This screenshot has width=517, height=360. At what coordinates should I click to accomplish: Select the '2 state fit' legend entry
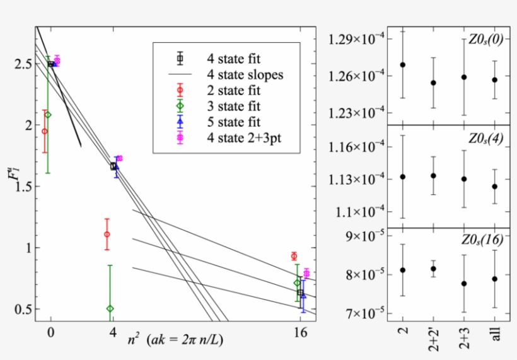233,90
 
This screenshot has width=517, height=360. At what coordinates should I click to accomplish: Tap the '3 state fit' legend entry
233,105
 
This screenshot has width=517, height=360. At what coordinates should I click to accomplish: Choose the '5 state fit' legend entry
233,120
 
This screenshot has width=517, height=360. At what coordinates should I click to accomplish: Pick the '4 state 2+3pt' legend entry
243,136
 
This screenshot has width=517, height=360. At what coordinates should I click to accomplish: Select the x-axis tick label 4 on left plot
112,331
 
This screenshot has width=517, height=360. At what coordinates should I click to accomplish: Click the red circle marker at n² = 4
107,234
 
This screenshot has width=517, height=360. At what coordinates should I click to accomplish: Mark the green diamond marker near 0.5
110,308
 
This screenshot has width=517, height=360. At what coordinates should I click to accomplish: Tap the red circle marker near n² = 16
294,256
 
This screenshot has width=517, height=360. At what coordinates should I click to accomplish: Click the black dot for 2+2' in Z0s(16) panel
433,269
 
